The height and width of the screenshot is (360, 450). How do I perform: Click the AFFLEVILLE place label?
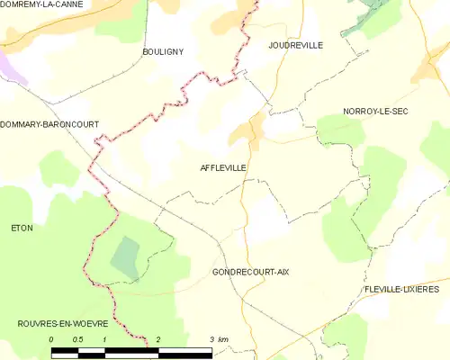tap(222, 167)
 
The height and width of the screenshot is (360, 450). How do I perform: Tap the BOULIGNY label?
tap(163, 52)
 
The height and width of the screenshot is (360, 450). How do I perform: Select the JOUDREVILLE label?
tap(295, 44)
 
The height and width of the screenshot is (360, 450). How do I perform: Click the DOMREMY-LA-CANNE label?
tap(42, 4)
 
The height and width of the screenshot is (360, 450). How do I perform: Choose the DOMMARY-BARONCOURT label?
tap(49, 124)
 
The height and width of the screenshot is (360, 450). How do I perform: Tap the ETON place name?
tap(22, 228)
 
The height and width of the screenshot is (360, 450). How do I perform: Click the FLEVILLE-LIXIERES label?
tap(401, 289)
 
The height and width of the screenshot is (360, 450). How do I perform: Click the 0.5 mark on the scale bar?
tap(78, 339)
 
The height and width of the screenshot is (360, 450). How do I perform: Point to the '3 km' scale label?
tap(219, 339)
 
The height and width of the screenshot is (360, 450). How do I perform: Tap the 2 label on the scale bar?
tap(158, 339)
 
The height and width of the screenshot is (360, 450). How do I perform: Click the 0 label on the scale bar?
tap(52, 339)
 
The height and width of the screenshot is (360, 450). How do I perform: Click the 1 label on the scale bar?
tap(105, 339)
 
